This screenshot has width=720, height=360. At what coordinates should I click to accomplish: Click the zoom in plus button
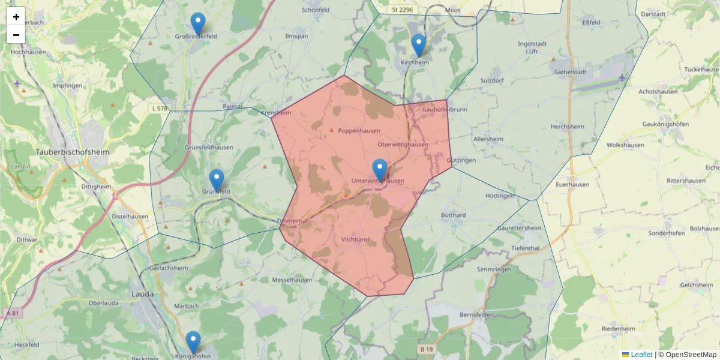coord(16,17)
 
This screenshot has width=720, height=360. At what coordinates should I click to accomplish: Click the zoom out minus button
coord(16,35)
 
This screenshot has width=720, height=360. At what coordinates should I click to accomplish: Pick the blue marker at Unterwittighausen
coord(380,170)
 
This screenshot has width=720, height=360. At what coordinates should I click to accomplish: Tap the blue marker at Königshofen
coord(193,342)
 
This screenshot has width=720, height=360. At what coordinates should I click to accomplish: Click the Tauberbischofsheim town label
coord(73,152)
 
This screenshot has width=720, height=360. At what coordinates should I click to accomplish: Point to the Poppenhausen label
coord(359,131)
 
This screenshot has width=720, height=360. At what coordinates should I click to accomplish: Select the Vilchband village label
coord(355,240)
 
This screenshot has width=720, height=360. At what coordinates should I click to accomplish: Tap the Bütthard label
coord(453,215)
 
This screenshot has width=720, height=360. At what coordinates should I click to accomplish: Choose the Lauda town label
coord(142,294)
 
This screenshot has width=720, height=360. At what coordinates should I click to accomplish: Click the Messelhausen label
coord(293,280)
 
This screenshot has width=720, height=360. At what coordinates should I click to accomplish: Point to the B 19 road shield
coord(426,349)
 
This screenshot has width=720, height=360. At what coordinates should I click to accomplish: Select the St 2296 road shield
coord(401,10)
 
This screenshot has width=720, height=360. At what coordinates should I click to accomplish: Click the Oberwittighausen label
coord(403,145)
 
